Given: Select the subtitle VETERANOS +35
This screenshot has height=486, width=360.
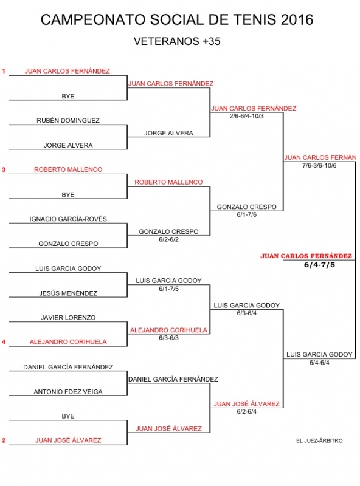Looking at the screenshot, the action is pyautogui.click(x=177, y=41).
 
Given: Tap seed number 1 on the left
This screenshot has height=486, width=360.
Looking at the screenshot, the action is pyautogui.click(x=4, y=71).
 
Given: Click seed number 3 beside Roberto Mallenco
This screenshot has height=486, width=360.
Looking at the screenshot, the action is pyautogui.click(x=4, y=170).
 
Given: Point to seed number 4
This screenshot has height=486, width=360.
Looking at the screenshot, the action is pyautogui.click(x=4, y=342).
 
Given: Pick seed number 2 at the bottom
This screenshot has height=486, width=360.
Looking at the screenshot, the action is pyautogui.click(x=4, y=440).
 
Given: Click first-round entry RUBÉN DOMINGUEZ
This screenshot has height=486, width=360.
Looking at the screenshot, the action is pyautogui.click(x=68, y=120).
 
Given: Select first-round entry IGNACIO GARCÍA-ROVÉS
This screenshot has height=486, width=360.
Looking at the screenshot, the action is pyautogui.click(x=68, y=219).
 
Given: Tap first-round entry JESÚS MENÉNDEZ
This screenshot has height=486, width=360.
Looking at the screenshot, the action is pyautogui.click(x=68, y=293).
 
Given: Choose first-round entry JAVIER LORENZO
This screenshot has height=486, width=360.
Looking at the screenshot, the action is pyautogui.click(x=68, y=317).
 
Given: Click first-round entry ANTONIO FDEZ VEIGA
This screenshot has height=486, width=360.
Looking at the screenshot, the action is pyautogui.click(x=68, y=391).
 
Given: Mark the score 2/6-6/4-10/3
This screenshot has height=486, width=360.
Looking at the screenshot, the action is pyautogui.click(x=247, y=116).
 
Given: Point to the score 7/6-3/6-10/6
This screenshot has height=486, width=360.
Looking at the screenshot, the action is pyautogui.click(x=319, y=165).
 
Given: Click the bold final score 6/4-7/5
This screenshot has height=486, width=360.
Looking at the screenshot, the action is pyautogui.click(x=319, y=265).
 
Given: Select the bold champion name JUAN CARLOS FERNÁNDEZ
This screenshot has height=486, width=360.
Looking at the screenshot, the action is pyautogui.click(x=306, y=256).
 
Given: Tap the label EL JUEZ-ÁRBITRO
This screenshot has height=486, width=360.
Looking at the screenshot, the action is pyautogui.click(x=319, y=440).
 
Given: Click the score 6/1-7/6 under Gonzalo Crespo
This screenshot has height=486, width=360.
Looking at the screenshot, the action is pyautogui.click(x=247, y=214).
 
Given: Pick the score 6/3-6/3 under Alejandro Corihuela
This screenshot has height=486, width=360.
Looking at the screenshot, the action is pyautogui.click(x=168, y=338).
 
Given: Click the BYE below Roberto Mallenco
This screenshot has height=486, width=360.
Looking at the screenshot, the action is pyautogui.click(x=68, y=194).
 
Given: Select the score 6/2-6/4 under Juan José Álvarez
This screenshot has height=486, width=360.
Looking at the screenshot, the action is pyautogui.click(x=247, y=412).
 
